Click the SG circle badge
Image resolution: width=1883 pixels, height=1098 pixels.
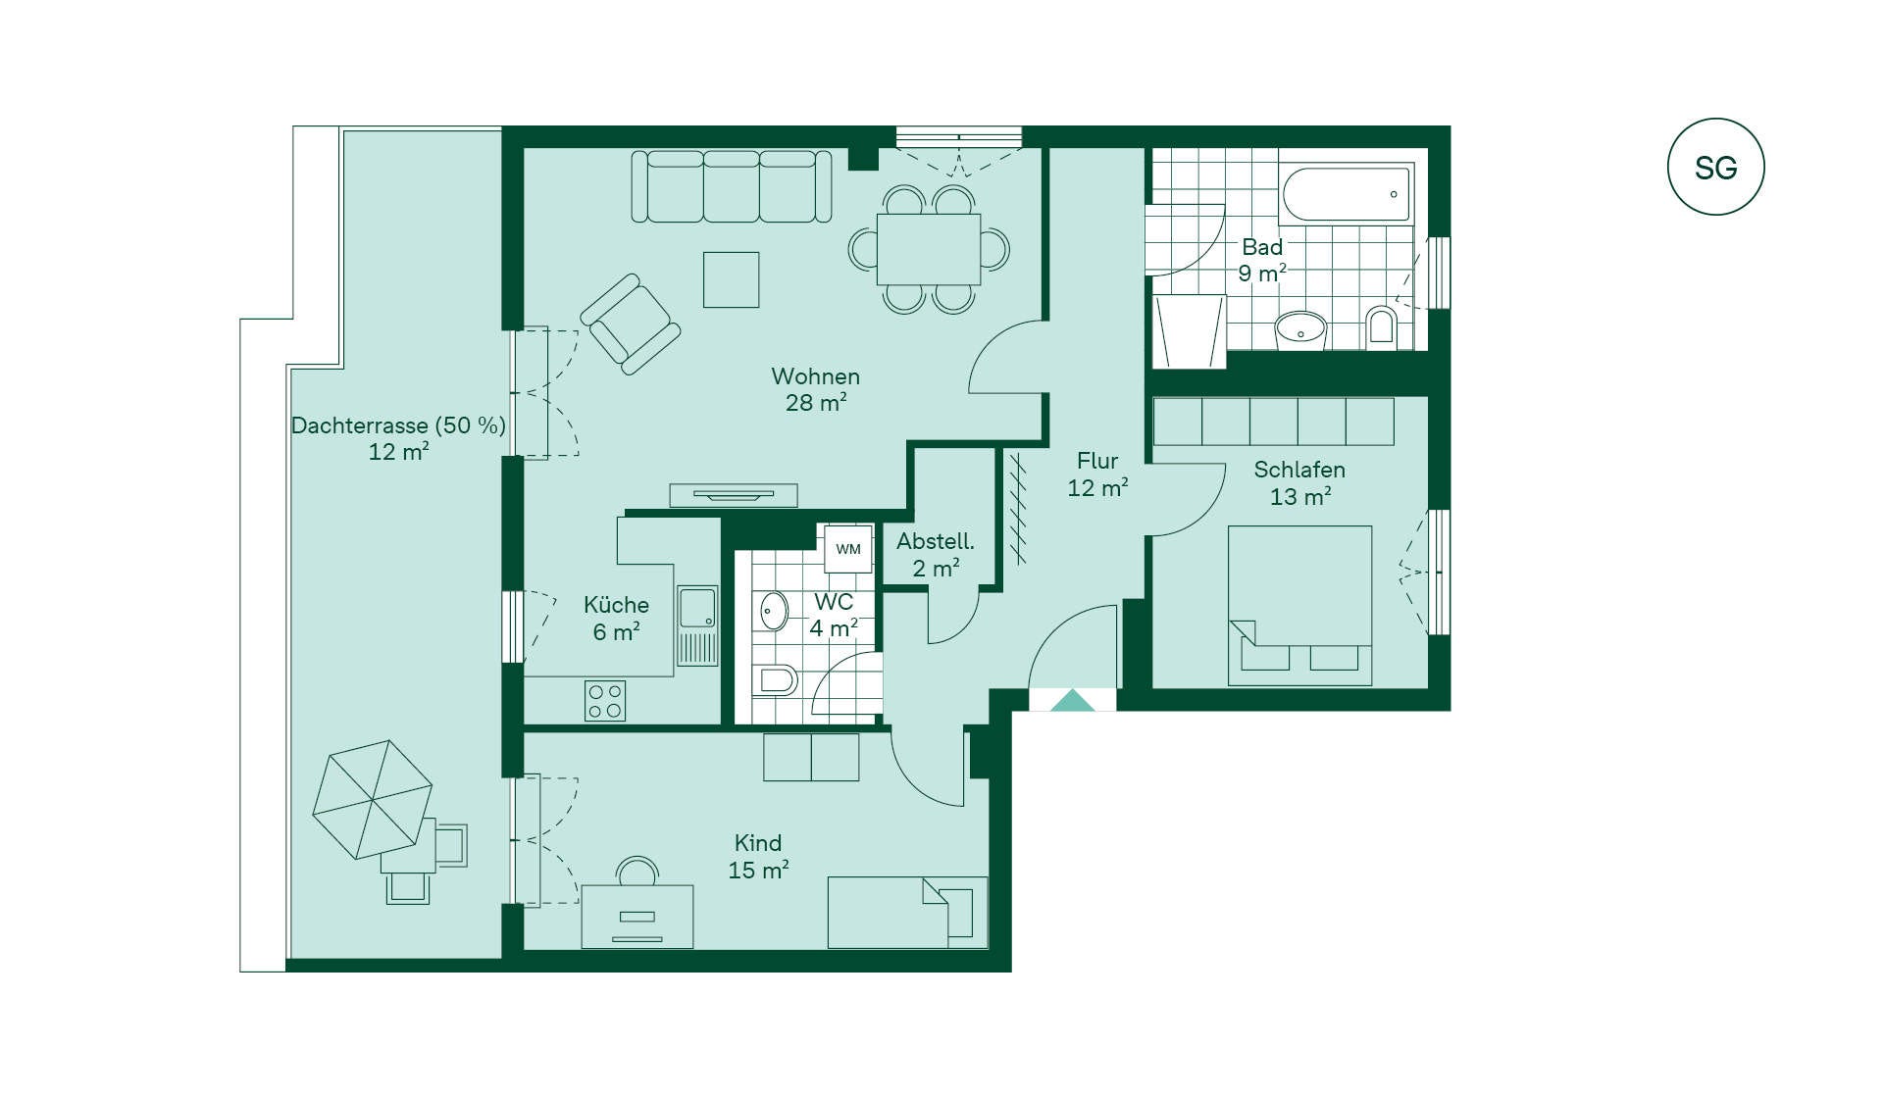(1715, 167)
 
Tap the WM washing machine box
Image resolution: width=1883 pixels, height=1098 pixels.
(848, 549)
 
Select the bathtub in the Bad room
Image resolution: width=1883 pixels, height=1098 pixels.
(1348, 193)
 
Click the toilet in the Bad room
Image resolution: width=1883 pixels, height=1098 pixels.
(1381, 325)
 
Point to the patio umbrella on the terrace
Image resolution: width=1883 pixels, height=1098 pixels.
(373, 799)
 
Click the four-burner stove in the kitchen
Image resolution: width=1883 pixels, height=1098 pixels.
(605, 701)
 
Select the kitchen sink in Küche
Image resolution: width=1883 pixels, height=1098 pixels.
(697, 625)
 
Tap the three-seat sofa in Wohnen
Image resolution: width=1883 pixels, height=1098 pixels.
(732, 186)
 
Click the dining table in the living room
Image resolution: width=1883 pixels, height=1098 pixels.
(929, 249)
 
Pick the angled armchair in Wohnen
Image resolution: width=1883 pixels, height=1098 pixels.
(631, 324)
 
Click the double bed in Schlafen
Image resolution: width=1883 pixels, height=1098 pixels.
(1299, 605)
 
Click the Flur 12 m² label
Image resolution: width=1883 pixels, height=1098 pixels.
(1097, 474)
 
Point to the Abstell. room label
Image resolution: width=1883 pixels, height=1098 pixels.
(936, 541)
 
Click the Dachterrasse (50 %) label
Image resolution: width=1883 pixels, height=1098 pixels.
(398, 425)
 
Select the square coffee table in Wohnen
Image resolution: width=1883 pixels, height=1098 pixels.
(731, 279)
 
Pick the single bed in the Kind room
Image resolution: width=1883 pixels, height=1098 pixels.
(907, 913)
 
